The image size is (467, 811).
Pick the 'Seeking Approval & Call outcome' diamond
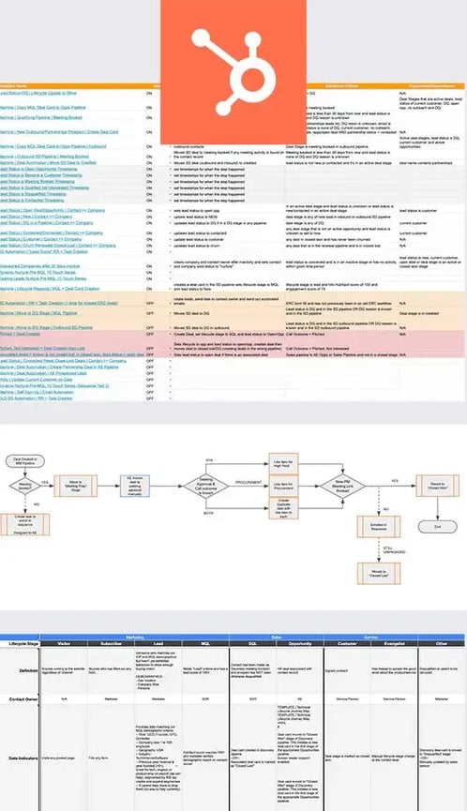(x=193, y=487)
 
